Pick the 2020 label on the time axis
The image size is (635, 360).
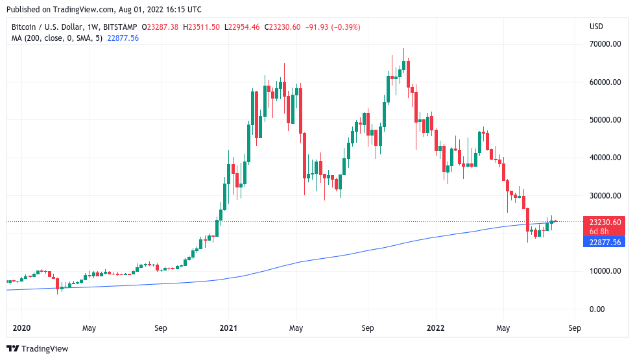tap(22, 328)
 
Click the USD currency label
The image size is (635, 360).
tap(596, 27)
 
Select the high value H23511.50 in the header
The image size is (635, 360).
tap(202, 27)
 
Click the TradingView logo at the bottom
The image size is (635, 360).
tap(37, 348)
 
